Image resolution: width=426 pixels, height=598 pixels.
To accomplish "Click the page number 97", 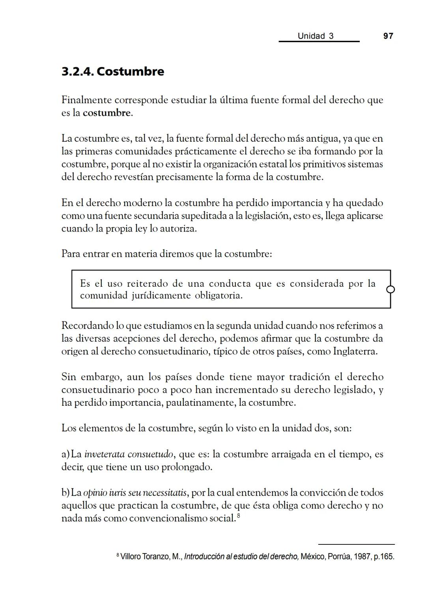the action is (x=388, y=36).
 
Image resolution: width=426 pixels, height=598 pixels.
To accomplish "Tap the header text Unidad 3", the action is (x=316, y=36).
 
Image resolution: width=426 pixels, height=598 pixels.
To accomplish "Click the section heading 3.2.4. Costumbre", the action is (x=113, y=72).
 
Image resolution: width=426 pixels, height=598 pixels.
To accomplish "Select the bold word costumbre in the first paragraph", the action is (x=106, y=113).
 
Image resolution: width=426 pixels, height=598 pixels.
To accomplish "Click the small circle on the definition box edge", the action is (x=390, y=290).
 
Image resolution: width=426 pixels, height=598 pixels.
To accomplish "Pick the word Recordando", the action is (x=87, y=326).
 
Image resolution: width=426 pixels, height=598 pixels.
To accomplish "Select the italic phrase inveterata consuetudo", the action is (x=129, y=455).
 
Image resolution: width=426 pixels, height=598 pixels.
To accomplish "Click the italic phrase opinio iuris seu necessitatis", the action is (x=135, y=493).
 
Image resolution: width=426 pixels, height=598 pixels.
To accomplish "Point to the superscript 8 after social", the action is (x=239, y=516).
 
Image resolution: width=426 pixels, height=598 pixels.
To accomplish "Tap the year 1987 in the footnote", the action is (x=363, y=557).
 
